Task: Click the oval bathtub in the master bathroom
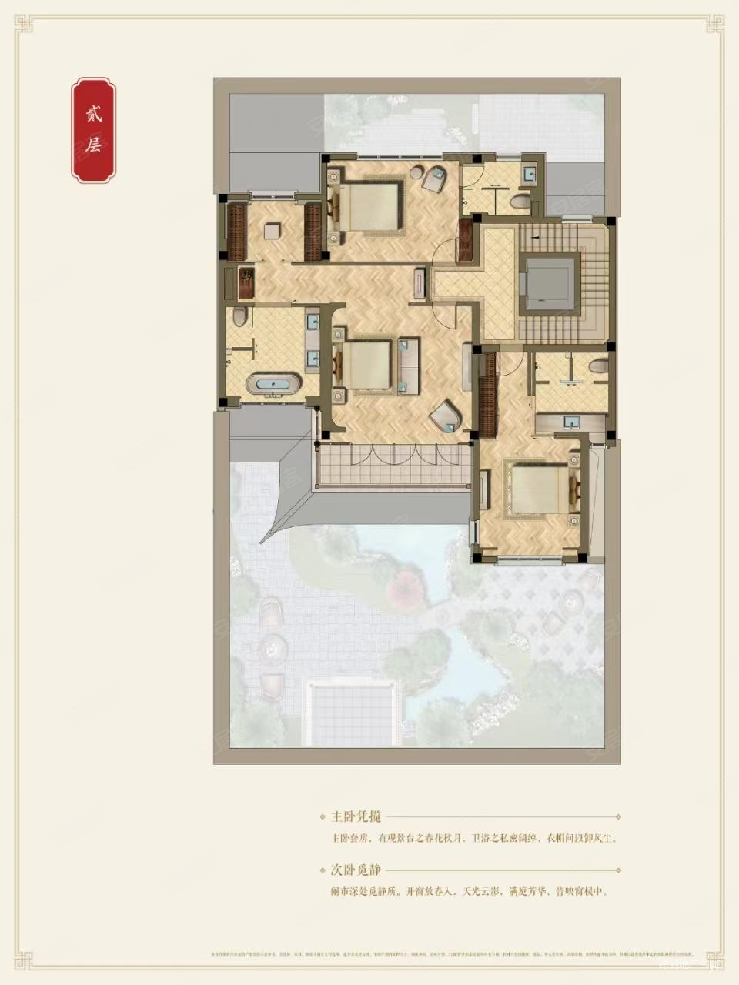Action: pos(273,383)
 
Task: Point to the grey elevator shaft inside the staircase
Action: pos(550,282)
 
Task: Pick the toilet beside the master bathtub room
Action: pos(239,316)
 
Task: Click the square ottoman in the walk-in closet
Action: pos(273,231)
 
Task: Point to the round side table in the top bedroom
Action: pos(416,173)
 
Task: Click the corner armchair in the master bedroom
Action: pos(446,418)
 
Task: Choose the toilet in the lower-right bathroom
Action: pos(600,367)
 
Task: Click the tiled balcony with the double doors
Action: pos(393,466)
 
